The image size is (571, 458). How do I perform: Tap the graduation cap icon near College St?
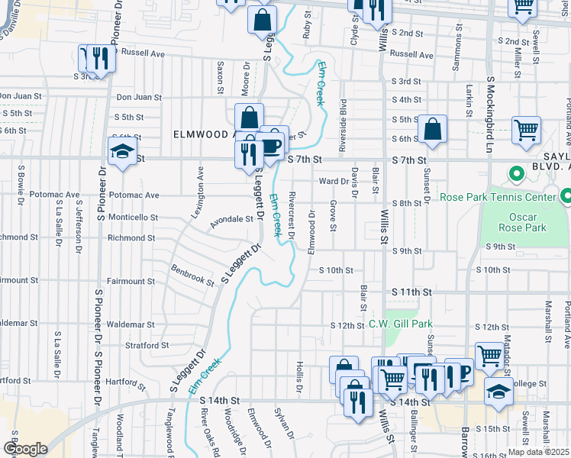click(498, 392)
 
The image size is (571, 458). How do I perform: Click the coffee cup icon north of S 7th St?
click(273, 143)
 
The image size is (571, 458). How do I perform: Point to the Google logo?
click(24, 449)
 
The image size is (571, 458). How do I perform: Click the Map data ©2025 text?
click(538, 452)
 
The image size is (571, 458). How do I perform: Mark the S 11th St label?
click(412, 292)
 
